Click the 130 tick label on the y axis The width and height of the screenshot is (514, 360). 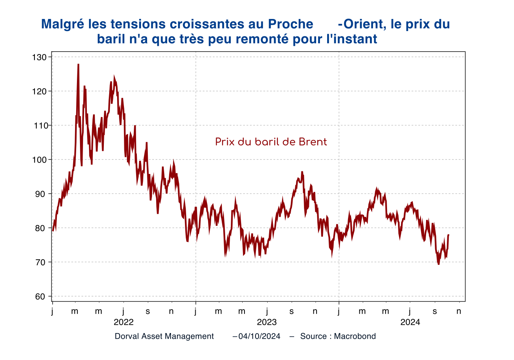pos(39,57)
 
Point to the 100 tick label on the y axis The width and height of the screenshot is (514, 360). pos(39,160)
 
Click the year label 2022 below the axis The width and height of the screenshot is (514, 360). pos(124,322)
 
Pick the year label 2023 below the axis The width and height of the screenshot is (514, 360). pos(267,322)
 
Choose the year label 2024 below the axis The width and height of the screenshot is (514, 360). pos(410,322)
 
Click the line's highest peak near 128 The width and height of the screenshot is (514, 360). pos(78,64)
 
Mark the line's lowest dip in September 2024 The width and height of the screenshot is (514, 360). pos(439,264)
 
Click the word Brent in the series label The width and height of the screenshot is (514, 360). pos(313,142)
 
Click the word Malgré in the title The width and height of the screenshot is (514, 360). pos(63,24)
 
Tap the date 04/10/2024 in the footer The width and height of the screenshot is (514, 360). pos(259,336)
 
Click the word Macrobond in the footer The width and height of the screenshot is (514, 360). pos(355,336)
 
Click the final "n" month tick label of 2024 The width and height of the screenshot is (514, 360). pos(459,311)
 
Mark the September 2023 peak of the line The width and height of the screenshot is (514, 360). pos(302,172)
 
